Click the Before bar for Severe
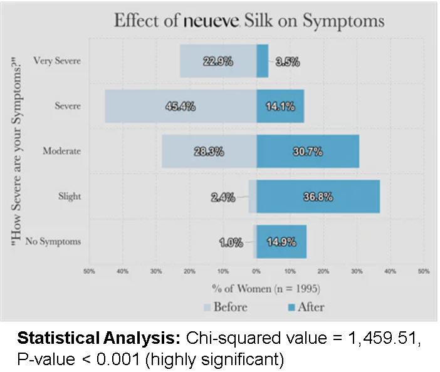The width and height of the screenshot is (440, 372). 181,106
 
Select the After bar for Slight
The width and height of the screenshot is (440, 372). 318,197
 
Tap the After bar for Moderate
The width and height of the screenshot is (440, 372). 308,151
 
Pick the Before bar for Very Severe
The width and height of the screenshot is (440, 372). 218,61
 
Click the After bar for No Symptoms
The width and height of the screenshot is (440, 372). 281,242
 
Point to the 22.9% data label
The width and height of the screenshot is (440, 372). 218,61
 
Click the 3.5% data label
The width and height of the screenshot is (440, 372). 288,61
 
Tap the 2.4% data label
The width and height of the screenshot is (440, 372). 223,198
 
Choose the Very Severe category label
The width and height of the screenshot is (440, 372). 57,61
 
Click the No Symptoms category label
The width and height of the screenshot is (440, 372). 53,242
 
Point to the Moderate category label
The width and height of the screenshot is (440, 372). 61,151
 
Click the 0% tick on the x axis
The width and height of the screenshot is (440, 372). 256,271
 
